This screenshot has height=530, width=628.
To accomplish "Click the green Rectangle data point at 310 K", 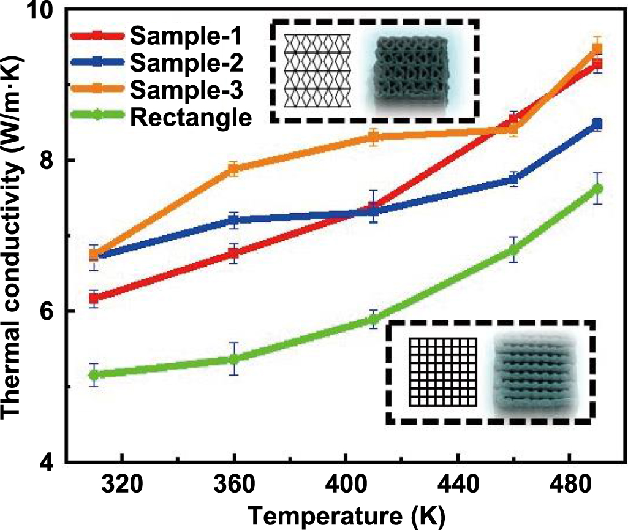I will (x=94, y=374).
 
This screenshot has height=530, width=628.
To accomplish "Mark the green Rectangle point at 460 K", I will (x=513, y=250).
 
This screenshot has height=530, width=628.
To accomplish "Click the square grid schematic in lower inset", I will (x=442, y=371).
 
